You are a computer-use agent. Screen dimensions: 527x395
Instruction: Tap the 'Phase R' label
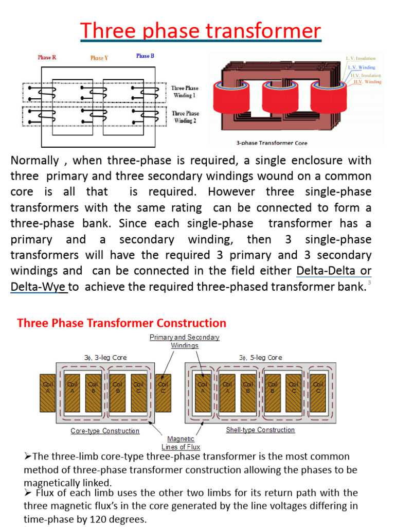(x=47, y=58)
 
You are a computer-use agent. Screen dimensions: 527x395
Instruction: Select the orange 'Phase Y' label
(x=99, y=58)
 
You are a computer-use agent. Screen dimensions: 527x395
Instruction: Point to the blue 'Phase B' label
(x=145, y=56)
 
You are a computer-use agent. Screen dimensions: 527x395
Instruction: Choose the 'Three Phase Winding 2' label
(x=185, y=117)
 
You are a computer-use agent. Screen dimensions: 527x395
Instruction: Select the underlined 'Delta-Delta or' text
(x=334, y=271)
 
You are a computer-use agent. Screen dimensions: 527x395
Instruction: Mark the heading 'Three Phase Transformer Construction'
(x=122, y=323)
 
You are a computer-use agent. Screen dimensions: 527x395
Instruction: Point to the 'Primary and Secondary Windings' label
(x=185, y=341)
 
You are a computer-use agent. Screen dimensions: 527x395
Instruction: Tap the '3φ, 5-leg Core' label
(x=260, y=357)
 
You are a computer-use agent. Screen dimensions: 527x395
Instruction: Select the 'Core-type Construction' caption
(x=105, y=431)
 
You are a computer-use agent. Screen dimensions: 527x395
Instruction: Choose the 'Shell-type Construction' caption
(x=260, y=430)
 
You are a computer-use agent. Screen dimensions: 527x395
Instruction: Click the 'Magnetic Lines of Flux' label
(x=181, y=443)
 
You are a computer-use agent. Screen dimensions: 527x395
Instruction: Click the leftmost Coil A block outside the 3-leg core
(x=47, y=392)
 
